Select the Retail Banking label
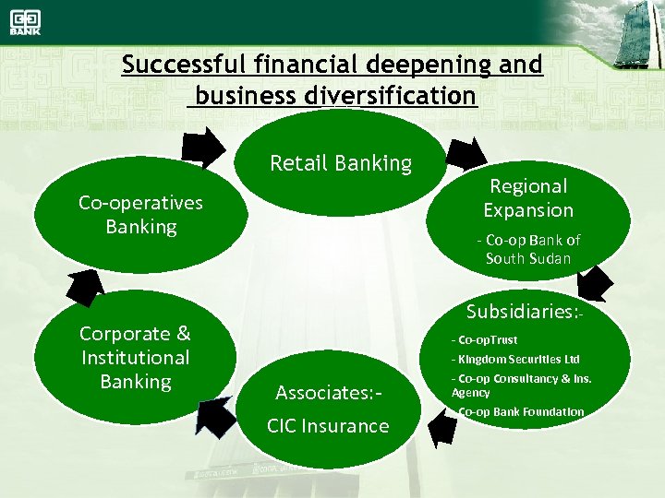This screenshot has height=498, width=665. (x=341, y=164)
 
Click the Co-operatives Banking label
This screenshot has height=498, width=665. (x=140, y=214)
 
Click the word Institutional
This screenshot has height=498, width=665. (x=135, y=358)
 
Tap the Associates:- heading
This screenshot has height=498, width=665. (x=328, y=394)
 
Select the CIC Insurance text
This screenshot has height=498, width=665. (x=328, y=426)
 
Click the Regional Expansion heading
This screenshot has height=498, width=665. (x=528, y=197)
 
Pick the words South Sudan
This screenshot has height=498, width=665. (x=528, y=258)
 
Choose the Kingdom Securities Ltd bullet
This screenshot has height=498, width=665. (x=515, y=359)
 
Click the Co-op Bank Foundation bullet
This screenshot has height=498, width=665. (x=521, y=411)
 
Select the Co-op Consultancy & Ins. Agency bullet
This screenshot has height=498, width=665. (x=521, y=385)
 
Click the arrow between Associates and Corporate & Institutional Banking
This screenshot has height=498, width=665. (x=215, y=415)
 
